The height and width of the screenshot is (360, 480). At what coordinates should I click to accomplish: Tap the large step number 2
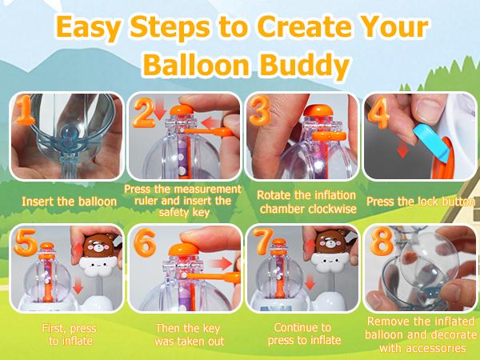point(144,114)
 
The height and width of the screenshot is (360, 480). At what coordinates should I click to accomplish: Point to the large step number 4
point(380,114)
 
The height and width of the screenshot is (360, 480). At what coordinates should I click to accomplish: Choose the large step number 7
point(262,245)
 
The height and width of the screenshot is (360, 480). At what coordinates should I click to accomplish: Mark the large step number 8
point(380,245)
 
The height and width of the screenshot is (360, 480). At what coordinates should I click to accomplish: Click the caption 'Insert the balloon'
point(62,202)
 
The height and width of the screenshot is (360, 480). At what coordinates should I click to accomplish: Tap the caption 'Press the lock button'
point(421,202)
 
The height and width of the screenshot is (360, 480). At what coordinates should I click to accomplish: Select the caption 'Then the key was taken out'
point(182,334)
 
